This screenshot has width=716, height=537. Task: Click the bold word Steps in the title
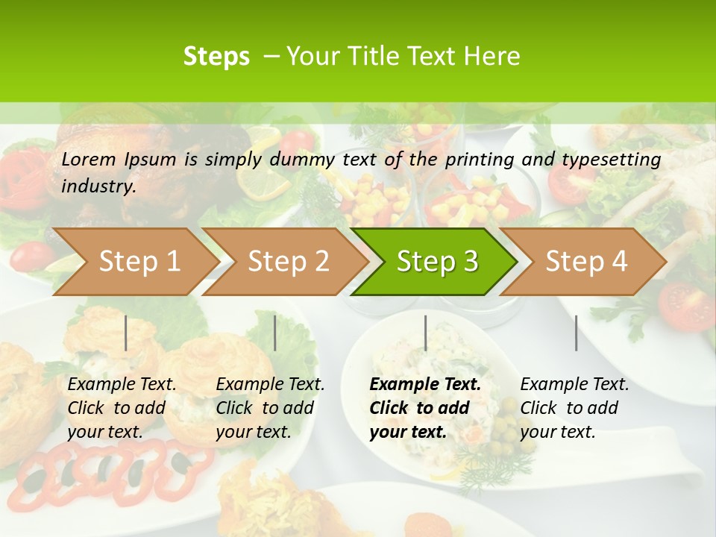216,57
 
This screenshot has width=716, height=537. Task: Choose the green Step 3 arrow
437,262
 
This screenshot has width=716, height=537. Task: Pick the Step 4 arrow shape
586,262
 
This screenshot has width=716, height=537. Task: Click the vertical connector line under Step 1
126,333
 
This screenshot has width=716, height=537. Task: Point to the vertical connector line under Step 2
275,333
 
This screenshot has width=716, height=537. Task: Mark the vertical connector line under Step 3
425,333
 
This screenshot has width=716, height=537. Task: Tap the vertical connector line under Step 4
576,333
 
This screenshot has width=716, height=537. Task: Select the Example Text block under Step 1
122,408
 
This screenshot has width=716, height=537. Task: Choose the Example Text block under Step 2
270,408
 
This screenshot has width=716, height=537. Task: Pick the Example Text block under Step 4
574,408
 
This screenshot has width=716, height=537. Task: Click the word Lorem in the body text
89,159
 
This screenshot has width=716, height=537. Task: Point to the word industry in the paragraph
98,186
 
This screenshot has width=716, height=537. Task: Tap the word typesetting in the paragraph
611,160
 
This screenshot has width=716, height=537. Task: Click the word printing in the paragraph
475,160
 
